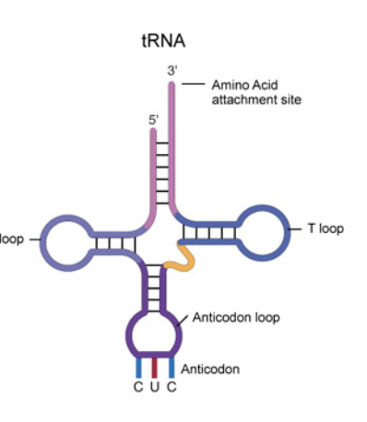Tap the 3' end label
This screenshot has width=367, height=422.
(172, 70)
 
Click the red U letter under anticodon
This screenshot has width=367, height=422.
(154, 384)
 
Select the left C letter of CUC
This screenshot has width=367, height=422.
(137, 384)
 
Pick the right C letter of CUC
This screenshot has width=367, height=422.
(171, 384)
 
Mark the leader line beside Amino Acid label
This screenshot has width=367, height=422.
(192, 84)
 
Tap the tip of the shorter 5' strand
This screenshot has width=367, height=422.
(153, 131)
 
